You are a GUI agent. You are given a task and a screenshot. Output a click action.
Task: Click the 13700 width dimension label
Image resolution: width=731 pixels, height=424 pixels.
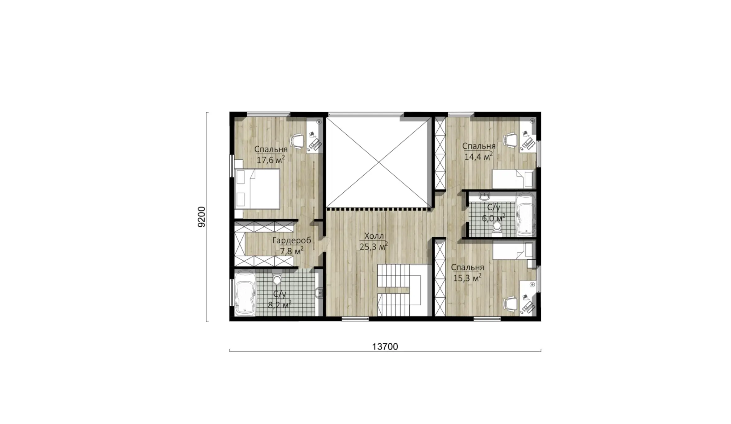(385, 347)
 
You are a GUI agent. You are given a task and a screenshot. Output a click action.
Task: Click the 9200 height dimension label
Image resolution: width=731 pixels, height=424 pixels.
(201, 217)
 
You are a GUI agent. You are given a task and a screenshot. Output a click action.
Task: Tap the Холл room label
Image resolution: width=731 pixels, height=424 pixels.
(374, 236)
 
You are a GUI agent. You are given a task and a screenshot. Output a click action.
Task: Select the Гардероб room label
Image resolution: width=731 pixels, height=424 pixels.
(291, 241)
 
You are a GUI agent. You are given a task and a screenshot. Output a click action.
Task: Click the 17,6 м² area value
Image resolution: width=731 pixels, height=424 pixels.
(271, 160)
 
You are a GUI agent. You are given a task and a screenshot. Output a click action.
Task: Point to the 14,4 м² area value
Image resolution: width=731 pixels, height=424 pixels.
(479, 156)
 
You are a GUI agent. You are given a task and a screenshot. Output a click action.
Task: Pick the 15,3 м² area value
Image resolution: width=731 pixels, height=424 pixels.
(467, 278)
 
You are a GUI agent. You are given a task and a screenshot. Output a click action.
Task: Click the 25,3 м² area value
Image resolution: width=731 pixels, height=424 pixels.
(374, 246)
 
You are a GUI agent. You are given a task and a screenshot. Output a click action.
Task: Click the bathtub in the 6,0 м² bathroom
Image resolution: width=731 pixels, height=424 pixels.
(526, 214)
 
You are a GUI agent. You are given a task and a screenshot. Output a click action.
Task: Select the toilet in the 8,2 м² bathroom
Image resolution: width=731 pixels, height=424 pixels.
(277, 278)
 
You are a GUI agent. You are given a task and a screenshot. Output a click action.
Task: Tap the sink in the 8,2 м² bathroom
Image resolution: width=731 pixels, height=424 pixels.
(319, 293)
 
